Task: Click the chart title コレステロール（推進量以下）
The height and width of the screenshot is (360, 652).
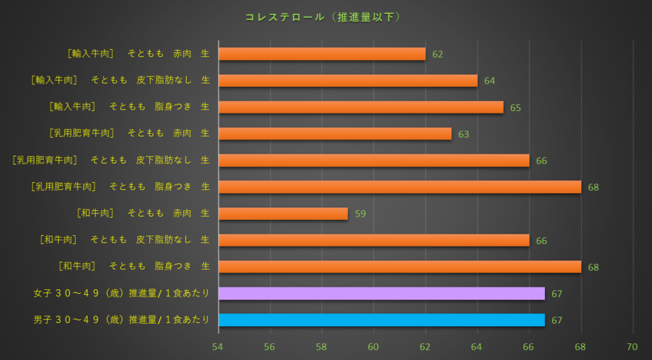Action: [323, 17]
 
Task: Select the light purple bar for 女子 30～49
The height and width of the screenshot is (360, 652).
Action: [381, 293]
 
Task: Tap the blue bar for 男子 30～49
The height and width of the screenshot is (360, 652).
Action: [381, 320]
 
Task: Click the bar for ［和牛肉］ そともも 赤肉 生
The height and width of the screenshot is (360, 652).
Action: [283, 213]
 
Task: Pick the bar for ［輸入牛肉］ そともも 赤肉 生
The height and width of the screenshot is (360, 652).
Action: [322, 54]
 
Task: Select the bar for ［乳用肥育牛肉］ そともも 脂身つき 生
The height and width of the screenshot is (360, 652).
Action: [400, 187]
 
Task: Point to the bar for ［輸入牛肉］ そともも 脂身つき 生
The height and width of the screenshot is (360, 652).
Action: [361, 107]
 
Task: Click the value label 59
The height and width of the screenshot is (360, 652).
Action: [360, 214]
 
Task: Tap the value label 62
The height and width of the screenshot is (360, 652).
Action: [437, 55]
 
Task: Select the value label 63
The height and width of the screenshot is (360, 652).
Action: [464, 134]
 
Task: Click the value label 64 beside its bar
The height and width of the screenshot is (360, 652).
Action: [490, 81]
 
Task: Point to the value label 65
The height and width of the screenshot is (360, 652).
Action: [516, 108]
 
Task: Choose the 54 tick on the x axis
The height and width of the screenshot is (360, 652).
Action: [218, 347]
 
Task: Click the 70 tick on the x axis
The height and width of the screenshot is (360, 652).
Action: [632, 347]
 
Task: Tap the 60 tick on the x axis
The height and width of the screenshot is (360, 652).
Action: [374, 347]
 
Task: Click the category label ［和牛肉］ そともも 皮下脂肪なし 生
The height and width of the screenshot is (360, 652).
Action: [125, 240]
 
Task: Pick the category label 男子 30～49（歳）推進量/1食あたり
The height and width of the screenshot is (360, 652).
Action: [122, 320]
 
